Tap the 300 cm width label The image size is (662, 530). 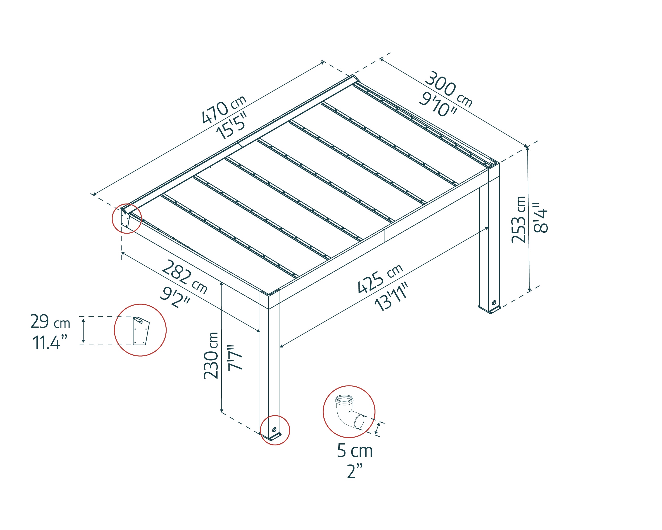449,89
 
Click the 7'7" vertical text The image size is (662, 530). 236,358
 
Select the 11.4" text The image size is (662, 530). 50,343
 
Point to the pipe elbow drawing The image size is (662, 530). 349,412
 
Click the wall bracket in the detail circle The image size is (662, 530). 141,331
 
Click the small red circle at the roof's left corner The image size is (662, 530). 126,219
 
